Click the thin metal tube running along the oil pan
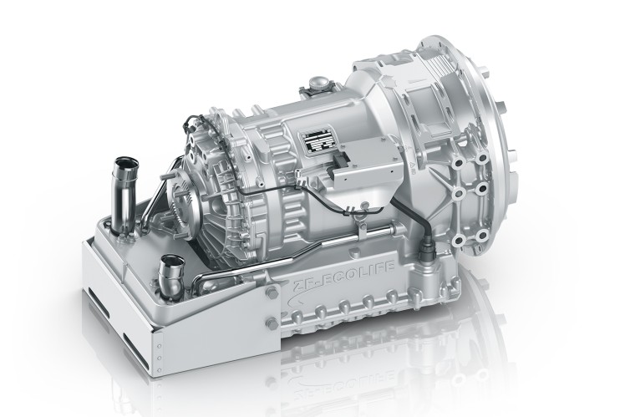point(251,263)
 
